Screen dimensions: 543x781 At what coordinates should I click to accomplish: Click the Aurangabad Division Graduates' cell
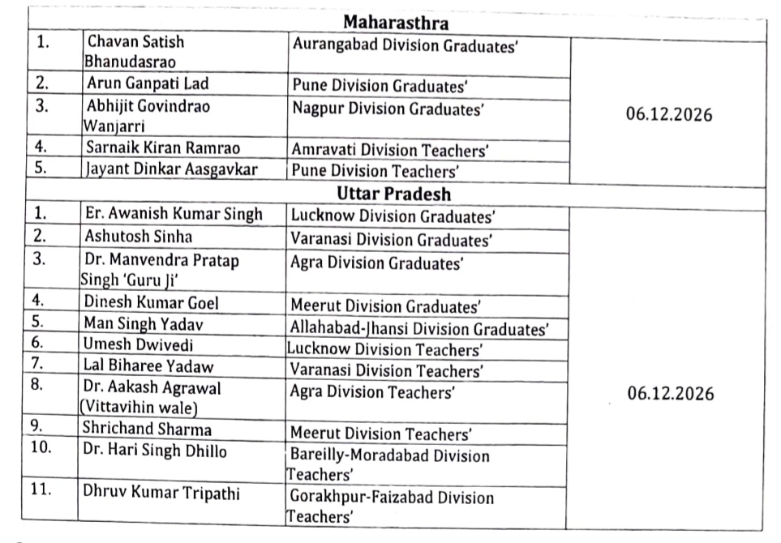click(406, 48)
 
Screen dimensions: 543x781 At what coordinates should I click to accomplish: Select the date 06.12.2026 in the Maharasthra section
click(668, 115)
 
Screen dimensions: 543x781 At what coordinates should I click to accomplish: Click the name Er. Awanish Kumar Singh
click(174, 215)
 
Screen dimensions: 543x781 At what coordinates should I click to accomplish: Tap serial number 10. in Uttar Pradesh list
click(41, 450)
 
